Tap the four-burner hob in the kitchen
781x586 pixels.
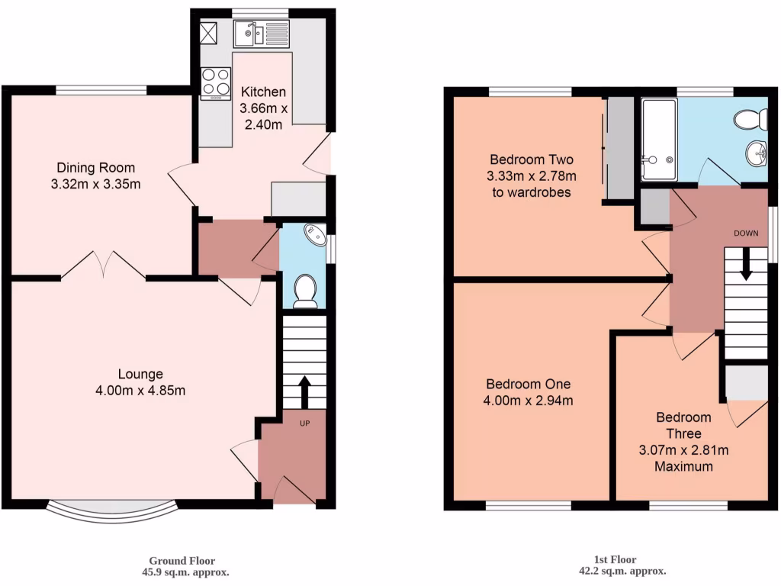click(215, 83)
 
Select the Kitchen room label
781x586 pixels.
click(263, 92)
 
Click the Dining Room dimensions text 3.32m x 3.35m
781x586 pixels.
click(95, 183)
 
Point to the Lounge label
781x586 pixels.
click(140, 374)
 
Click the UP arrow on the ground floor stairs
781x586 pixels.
click(304, 391)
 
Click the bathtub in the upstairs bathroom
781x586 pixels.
click(658, 139)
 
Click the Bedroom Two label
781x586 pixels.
click(532, 160)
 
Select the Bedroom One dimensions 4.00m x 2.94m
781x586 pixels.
click(529, 400)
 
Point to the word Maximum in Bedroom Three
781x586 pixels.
click(683, 466)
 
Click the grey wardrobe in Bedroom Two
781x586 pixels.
click(620, 149)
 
